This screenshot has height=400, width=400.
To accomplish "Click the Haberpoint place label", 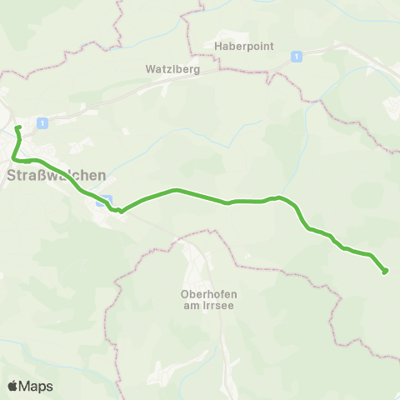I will click(x=239, y=46).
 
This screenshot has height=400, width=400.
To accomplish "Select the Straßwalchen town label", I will click(x=56, y=176).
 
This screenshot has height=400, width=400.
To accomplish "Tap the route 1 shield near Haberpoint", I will click(x=297, y=56).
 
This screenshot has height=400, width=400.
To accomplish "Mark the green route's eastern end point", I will click(x=384, y=271).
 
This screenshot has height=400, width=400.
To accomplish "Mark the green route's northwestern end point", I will click(x=17, y=128).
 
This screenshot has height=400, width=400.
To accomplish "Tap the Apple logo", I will click(x=12, y=386).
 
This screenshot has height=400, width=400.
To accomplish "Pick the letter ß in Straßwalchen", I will click(x=39, y=176).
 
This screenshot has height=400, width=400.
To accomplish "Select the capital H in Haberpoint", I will click(x=218, y=46).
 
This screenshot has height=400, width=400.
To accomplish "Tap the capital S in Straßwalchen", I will click(x=11, y=176).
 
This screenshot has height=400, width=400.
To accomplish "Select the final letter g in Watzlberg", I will click(x=196, y=71).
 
